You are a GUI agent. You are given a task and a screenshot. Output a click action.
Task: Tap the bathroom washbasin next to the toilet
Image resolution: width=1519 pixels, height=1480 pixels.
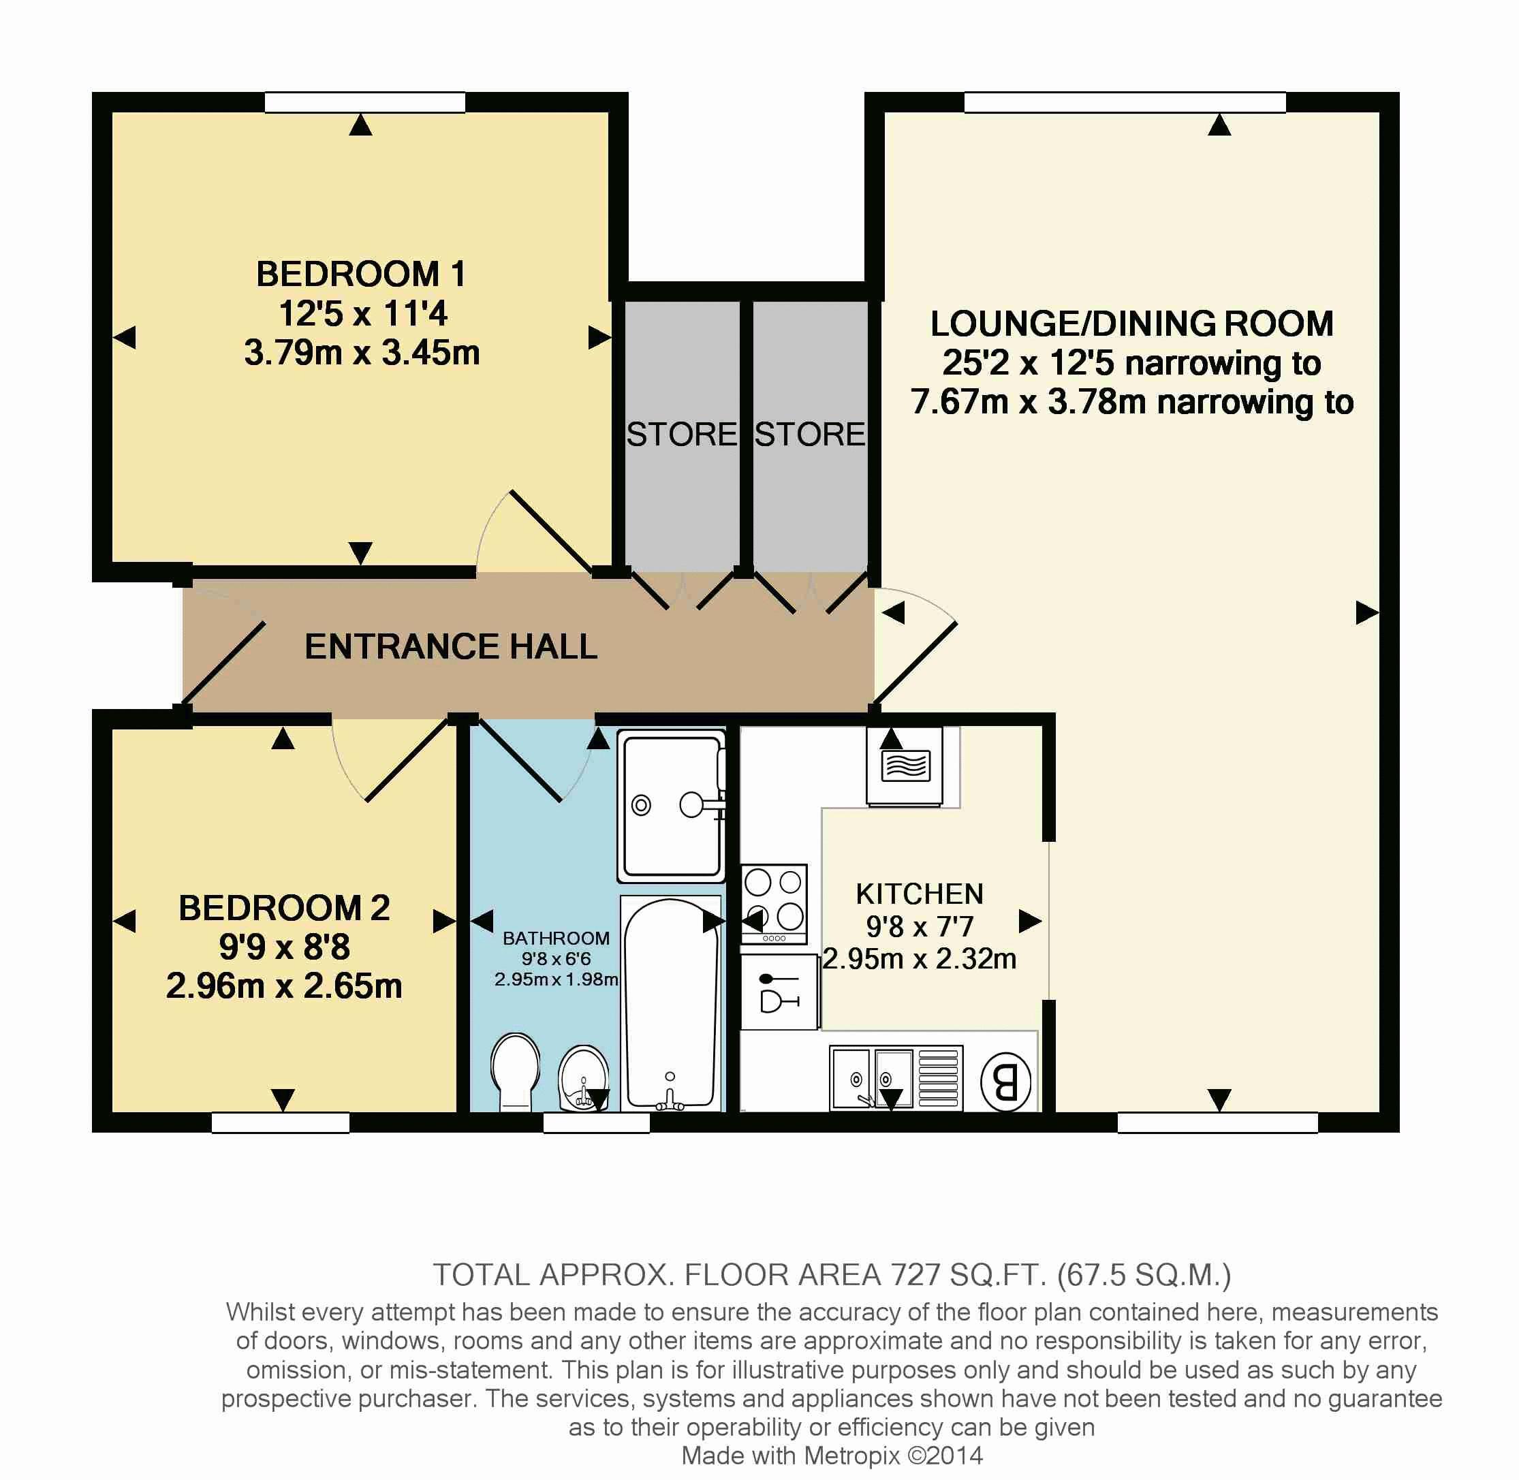584,1077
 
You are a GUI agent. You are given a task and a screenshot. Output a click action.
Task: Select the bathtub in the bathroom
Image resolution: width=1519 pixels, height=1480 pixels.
671,1003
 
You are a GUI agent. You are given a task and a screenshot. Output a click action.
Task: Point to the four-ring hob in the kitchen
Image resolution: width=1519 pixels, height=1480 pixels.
774,904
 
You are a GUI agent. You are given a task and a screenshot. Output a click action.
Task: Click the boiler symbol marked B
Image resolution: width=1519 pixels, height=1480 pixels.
1006,1082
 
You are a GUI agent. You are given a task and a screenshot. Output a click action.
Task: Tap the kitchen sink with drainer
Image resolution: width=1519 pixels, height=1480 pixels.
896,1078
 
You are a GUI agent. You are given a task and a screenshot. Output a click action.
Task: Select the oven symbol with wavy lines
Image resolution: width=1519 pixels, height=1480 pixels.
905,766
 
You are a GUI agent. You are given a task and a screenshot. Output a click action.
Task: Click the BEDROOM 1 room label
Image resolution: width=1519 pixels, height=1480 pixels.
361,274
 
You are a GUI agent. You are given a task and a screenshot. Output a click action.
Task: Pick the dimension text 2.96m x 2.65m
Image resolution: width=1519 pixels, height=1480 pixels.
284,986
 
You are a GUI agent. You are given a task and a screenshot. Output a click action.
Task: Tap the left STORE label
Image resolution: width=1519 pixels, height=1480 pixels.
682,435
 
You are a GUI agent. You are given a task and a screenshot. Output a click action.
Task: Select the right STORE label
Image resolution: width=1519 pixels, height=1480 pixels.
810,435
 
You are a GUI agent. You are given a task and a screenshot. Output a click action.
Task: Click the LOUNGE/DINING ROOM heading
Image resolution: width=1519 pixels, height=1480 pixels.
1132,324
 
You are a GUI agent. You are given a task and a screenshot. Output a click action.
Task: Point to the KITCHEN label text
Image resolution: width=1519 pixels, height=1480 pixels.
920,894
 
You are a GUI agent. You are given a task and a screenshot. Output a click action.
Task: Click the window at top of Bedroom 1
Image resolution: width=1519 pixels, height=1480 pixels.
364,103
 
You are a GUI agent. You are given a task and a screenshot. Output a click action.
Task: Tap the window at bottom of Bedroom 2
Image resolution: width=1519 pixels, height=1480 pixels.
281,1122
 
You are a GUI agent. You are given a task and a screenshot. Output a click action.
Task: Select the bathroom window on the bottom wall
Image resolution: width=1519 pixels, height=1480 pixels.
596,1122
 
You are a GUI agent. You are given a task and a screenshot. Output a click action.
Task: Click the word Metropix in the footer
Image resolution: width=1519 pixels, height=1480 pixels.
852,1455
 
